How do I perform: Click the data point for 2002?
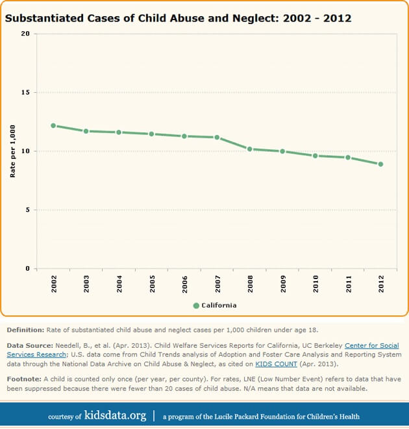pos(53,126)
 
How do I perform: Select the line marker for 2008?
pos(250,149)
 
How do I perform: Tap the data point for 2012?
pos(380,164)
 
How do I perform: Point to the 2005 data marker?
pos(151,134)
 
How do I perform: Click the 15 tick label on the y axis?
pos(25,93)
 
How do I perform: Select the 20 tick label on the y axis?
pos(25,34)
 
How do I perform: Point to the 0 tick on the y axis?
pos(28,269)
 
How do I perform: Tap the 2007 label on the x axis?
pos(217,284)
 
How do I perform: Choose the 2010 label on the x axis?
pos(316,284)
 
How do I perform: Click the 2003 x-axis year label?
pos(86,284)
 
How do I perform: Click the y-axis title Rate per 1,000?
pos(12,151)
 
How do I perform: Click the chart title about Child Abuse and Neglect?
pos(179,18)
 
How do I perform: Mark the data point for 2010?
pos(316,156)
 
